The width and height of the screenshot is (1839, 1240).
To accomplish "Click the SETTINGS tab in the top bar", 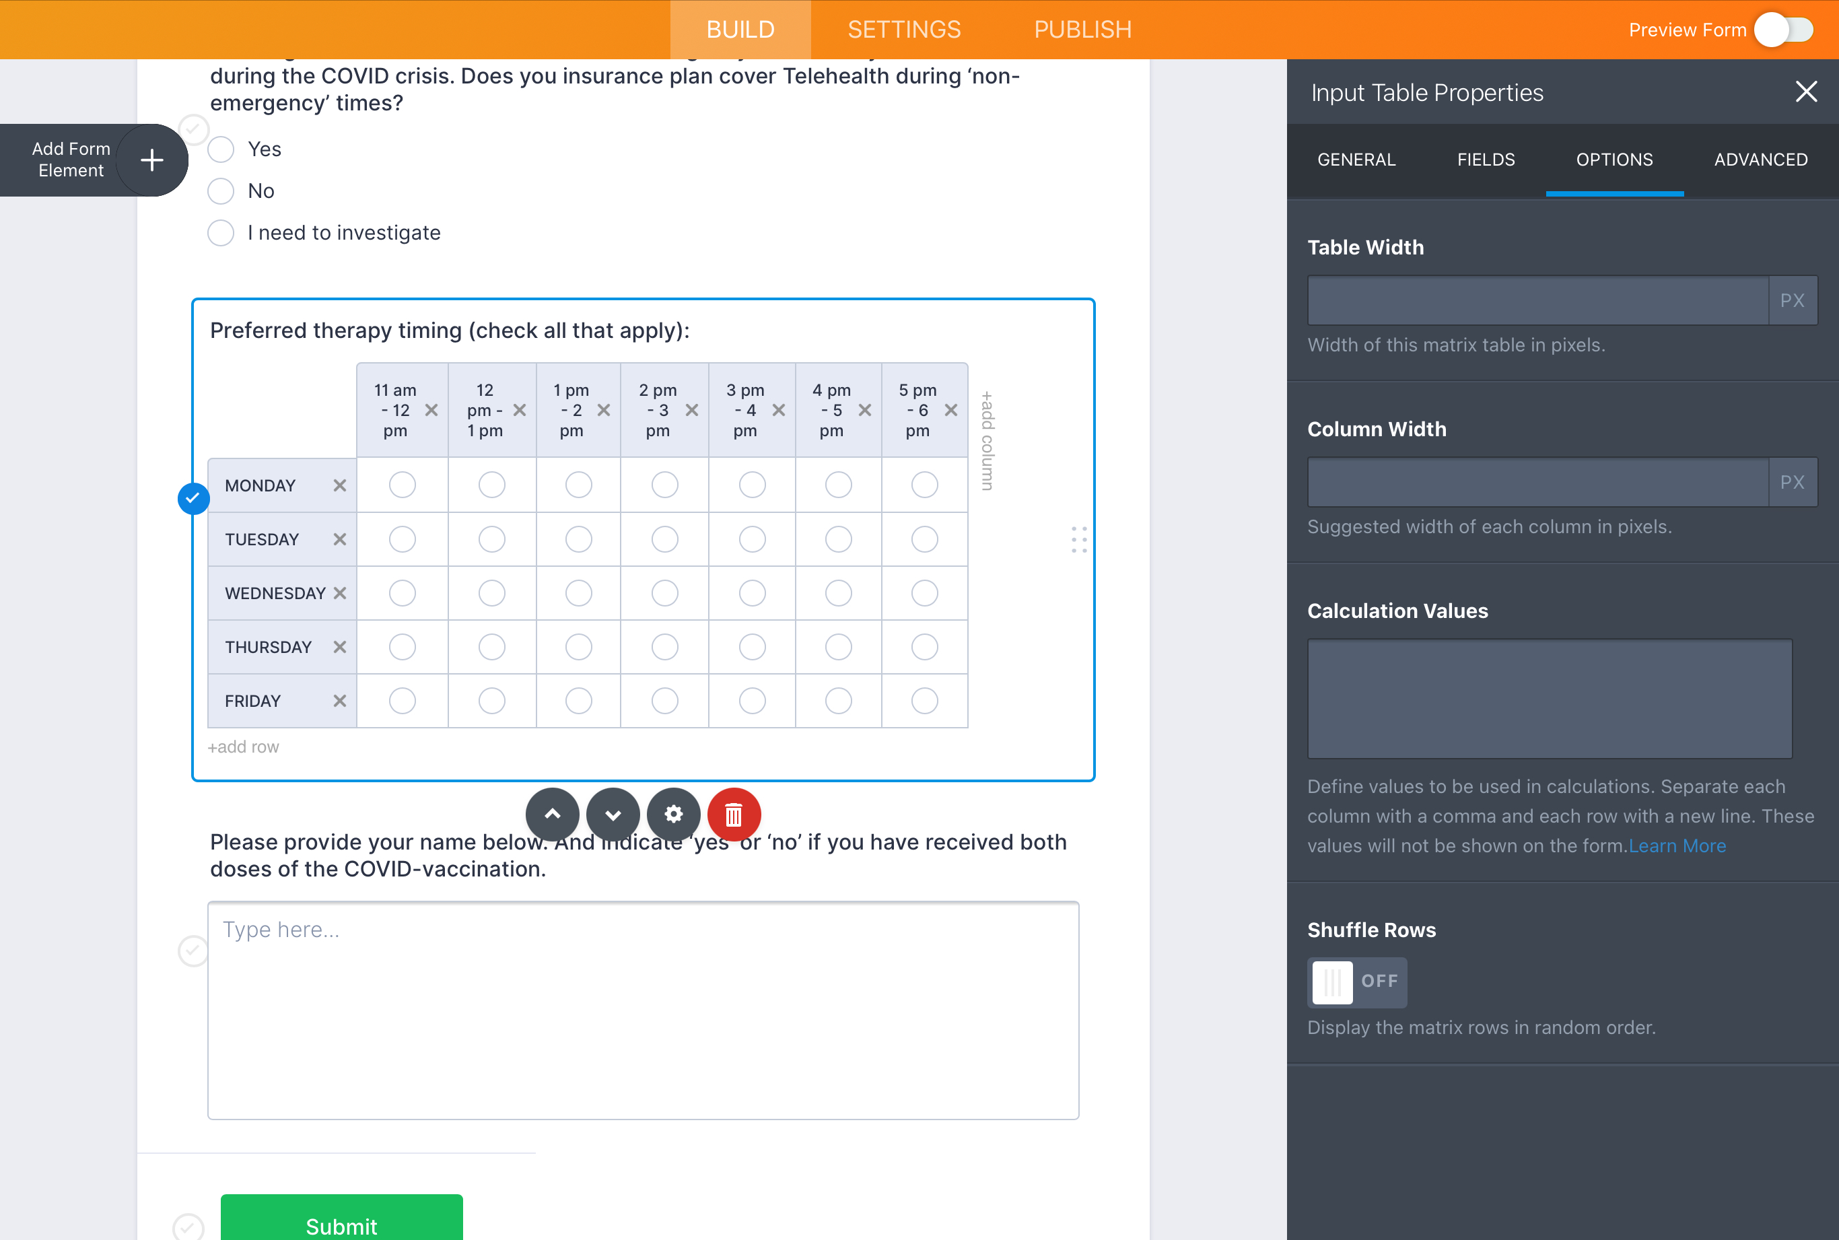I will [904, 29].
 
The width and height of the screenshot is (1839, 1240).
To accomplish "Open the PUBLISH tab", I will [1082, 29].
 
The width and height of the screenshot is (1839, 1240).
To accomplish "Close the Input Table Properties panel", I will [1806, 92].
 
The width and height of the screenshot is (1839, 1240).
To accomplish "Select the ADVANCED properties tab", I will [1760, 160].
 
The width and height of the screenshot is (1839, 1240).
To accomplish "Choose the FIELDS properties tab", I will [1486, 160].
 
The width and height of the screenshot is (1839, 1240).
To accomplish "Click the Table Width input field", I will [1537, 300].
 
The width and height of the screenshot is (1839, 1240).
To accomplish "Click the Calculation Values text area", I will [1549, 698].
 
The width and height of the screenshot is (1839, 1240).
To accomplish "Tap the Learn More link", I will [1677, 846].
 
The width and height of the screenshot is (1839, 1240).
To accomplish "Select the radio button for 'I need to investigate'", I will [221, 234].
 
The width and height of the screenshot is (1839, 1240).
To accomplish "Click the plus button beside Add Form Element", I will [152, 160].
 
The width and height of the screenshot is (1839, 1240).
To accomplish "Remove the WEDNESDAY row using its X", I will [340, 593].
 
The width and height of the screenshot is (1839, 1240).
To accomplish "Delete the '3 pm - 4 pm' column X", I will [779, 410].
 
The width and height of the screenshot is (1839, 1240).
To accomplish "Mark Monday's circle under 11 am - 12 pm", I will [403, 485].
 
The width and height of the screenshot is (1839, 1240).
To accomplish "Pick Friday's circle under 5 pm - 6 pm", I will [924, 701].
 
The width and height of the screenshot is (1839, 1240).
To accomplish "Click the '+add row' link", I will [244, 747].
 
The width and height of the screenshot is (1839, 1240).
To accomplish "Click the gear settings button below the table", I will [674, 814].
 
